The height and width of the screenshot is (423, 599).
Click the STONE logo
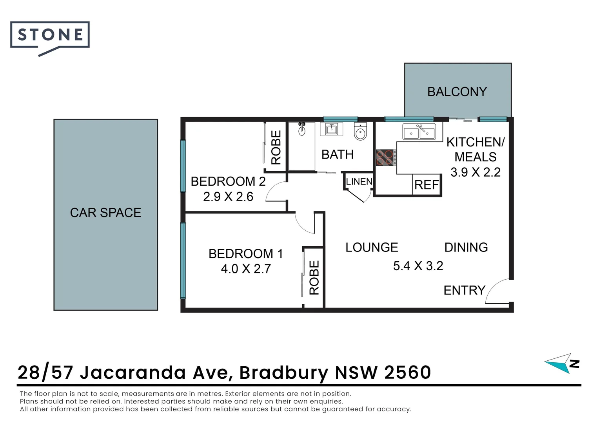click(x=50, y=35)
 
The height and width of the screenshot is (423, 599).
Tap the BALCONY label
click(x=457, y=92)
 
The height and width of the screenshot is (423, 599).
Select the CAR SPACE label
click(x=105, y=213)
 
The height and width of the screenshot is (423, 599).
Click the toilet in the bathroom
click(x=360, y=132)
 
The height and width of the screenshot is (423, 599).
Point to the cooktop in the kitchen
click(x=385, y=157)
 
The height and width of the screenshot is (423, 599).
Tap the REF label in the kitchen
click(x=427, y=185)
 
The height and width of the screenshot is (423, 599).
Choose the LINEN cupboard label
click(x=359, y=182)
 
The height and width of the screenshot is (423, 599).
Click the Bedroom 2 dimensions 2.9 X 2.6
click(x=228, y=197)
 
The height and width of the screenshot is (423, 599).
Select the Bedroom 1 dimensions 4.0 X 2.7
click(x=246, y=269)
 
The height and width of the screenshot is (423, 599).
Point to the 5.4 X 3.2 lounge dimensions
click(x=418, y=266)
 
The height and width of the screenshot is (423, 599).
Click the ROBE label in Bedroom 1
click(x=314, y=277)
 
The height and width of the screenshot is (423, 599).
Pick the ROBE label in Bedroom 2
click(x=276, y=147)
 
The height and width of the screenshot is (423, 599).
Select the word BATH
click(x=337, y=155)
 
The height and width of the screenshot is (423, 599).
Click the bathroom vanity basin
click(x=331, y=129)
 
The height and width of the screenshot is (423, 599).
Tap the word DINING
click(x=466, y=248)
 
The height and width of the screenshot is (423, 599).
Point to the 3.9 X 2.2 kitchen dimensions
click(x=475, y=172)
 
